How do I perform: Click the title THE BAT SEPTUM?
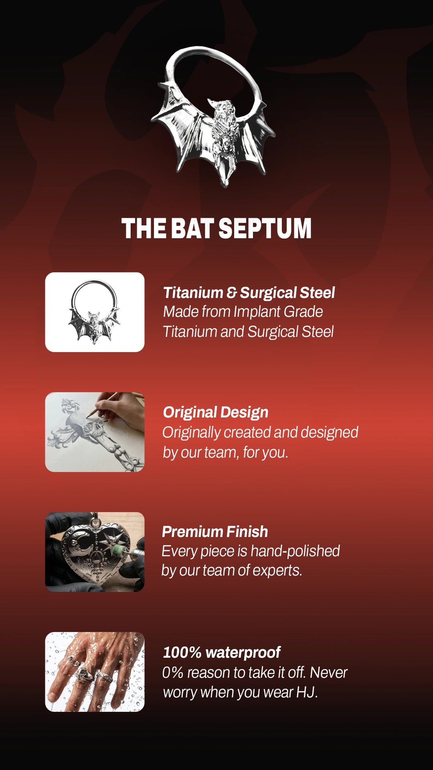[216, 229]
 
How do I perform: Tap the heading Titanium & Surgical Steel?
[249, 293]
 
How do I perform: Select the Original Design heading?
[216, 413]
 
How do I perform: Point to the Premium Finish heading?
[215, 532]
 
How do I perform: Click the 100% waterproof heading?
[222, 652]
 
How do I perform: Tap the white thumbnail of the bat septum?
[95, 312]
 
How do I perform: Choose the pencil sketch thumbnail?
[95, 432]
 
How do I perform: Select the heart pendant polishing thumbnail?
[95, 552]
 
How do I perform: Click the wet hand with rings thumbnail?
[95, 672]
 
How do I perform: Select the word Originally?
[192, 433]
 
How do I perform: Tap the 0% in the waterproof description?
[173, 673]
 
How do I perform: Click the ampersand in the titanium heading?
[231, 293]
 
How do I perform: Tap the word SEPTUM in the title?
[265, 229]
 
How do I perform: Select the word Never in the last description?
[329, 673]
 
